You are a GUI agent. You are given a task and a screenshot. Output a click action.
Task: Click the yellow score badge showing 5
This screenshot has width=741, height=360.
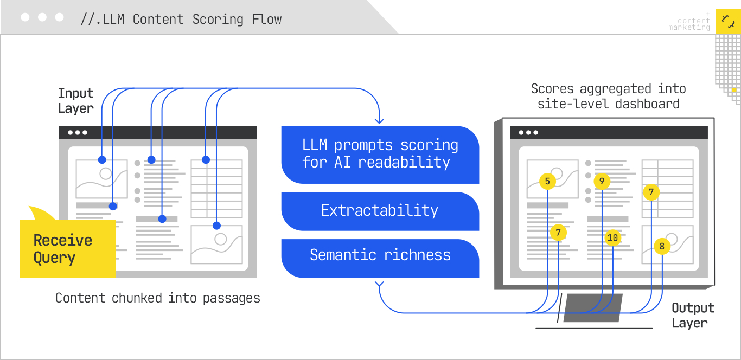point(547,181)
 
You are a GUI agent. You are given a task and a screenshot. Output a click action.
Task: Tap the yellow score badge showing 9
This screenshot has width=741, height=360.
point(602,181)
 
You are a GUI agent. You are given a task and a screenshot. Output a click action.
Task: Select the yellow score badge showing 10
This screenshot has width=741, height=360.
point(612,237)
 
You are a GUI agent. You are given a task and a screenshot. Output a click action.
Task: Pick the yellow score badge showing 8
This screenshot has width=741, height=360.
point(662,246)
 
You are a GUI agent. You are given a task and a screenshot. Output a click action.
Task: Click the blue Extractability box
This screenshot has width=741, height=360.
point(380,211)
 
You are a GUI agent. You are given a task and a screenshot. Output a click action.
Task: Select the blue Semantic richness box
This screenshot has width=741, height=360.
point(380,255)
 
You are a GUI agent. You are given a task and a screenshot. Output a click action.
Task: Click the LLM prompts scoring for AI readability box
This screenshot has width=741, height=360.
point(380,154)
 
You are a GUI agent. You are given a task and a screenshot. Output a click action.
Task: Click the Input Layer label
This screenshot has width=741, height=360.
point(75,101)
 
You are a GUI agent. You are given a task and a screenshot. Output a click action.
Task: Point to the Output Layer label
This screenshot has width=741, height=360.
point(693,316)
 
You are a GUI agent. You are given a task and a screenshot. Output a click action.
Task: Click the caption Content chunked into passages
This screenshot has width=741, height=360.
point(157,298)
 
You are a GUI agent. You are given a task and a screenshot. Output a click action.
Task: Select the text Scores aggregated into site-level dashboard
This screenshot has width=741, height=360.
point(608,96)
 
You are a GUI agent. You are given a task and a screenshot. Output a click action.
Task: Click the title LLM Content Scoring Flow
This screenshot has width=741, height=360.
point(181,20)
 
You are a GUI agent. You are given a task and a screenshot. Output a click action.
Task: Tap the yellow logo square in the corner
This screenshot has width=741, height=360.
point(728,21)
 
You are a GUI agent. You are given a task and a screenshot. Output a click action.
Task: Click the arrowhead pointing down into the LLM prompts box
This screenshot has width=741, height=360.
point(379,120)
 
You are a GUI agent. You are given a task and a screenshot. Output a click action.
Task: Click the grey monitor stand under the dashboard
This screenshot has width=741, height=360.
point(593,308)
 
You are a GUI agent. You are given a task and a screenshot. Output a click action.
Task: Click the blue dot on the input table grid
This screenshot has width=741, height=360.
point(206,160)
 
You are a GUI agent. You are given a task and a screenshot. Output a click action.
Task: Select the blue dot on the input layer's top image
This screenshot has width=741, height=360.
point(101,159)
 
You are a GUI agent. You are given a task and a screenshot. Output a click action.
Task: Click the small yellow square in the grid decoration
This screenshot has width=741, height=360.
point(734,90)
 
